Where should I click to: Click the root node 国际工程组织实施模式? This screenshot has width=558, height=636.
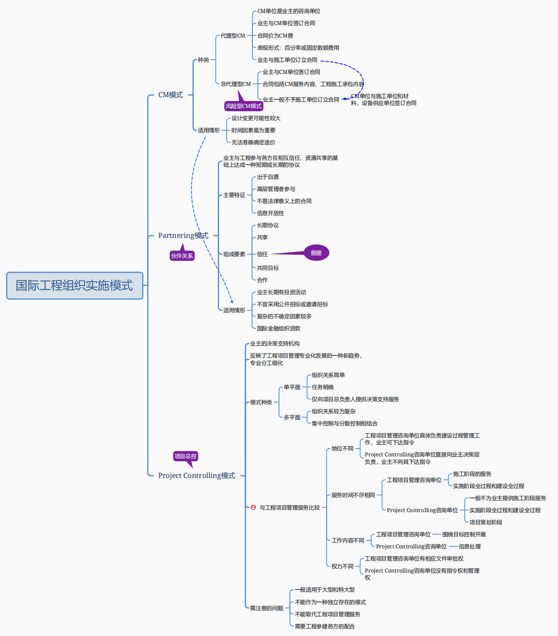tap(74, 285)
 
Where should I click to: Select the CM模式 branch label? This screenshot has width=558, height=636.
tap(170, 95)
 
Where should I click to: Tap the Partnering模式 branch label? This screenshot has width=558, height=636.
tap(183, 235)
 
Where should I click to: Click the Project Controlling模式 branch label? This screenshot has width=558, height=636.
tap(197, 475)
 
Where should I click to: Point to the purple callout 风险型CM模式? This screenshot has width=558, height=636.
tap(244, 106)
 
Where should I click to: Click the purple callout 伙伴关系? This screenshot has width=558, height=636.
tap(182, 256)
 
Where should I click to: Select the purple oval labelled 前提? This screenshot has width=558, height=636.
tap(316, 253)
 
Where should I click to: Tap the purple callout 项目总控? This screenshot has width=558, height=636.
tap(185, 456)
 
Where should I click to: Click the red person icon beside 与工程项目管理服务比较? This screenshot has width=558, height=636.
tap(253, 507)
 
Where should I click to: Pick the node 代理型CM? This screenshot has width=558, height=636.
tap(233, 36)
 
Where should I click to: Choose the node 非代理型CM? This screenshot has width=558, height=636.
tap(235, 84)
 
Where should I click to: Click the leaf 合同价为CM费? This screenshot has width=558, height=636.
tap(275, 36)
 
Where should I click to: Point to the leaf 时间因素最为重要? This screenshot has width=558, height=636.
tap(253, 130)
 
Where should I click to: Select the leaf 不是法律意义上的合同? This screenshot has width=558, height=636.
tap(284, 201)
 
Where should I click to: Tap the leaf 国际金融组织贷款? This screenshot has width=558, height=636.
tap(279, 329)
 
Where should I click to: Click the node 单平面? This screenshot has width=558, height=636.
tap(292, 387)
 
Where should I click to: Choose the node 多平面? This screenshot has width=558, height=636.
tap(292, 418)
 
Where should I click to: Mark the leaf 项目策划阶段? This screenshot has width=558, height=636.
tap(486, 522)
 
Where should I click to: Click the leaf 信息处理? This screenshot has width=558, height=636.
tap(470, 547)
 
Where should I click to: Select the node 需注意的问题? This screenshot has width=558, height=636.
tap(266, 608)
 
